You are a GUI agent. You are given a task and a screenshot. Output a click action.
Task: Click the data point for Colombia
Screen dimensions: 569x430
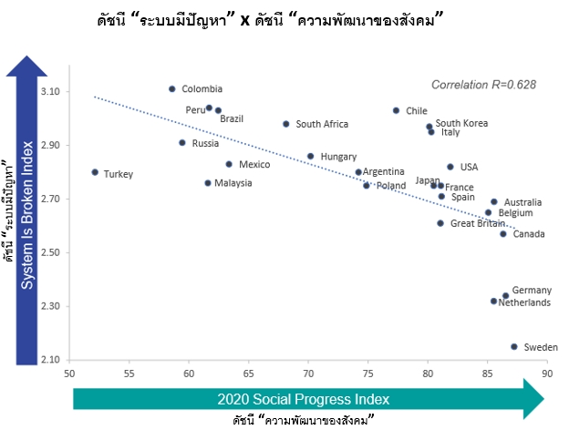point(172,89)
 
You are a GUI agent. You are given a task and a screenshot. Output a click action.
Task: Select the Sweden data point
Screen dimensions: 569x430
point(514,346)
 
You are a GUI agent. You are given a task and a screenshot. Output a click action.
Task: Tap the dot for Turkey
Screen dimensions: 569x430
point(95,172)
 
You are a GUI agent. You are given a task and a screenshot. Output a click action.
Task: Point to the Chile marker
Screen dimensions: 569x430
point(396,110)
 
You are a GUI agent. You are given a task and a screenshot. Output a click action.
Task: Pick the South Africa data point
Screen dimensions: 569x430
point(286,124)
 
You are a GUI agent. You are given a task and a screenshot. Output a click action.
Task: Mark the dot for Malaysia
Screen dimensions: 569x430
point(208,183)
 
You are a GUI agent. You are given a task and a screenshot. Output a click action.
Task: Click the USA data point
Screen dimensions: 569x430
point(450,167)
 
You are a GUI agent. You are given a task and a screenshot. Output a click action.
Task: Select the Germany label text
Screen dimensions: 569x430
point(532,291)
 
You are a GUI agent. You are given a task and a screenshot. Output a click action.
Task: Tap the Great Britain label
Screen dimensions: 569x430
point(478,223)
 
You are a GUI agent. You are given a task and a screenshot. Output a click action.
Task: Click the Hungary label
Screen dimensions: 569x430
point(338,157)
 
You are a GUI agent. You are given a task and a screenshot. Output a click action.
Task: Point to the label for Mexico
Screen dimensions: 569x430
point(254,165)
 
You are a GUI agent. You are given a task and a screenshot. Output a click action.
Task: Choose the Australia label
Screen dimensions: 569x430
point(522,202)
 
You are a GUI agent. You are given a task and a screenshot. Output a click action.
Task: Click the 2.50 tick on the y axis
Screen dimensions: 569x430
point(50,252)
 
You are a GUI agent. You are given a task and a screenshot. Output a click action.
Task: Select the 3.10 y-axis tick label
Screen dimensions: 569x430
point(50,91)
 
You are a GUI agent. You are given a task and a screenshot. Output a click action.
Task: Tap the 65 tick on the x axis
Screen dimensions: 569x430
point(249,374)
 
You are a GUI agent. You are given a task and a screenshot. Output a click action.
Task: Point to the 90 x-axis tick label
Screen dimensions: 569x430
point(547,374)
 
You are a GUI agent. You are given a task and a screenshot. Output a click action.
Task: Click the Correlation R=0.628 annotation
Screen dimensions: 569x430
point(483,85)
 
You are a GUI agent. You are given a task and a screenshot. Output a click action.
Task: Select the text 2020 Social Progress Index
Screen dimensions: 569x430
point(304,399)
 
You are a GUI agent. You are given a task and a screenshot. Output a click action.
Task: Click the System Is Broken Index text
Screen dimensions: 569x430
point(27,215)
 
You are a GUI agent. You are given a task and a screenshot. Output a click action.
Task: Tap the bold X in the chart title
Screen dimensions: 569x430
point(245,20)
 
